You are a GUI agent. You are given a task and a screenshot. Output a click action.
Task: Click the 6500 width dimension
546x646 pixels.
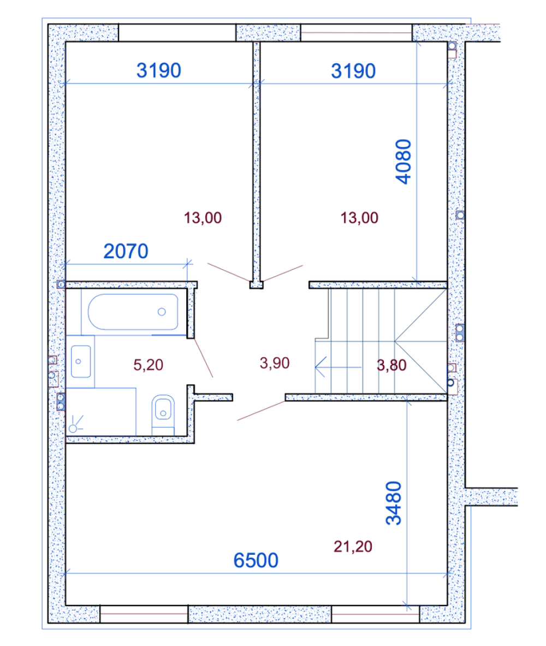click(x=256, y=560)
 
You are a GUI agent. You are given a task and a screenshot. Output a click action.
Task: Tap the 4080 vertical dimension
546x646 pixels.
click(x=403, y=162)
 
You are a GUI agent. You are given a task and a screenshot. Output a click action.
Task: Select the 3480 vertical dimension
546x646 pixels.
click(x=394, y=503)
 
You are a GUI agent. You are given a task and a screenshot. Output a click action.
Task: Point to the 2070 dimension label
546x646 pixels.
click(x=126, y=251)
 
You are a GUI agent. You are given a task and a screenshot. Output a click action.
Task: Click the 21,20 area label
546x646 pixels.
click(x=353, y=547)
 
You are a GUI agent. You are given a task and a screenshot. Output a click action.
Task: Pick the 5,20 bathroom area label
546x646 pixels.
click(x=149, y=365)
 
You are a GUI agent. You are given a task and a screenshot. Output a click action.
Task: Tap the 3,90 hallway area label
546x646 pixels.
click(x=275, y=363)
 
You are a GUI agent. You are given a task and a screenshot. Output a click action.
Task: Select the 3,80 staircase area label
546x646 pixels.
click(x=391, y=365)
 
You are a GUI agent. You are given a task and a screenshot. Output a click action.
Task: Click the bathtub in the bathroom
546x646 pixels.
click(x=133, y=312)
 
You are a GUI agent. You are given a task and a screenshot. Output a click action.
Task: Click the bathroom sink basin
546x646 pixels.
click(x=81, y=361)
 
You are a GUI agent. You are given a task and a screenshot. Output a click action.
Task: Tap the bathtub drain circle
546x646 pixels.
click(x=162, y=312)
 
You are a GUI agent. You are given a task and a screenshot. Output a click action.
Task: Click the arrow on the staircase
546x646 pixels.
click(x=339, y=366)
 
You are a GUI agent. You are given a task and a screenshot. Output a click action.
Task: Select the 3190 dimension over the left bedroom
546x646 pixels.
click(x=159, y=70)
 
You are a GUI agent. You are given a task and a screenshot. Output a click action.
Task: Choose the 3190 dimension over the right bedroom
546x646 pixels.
click(x=353, y=71)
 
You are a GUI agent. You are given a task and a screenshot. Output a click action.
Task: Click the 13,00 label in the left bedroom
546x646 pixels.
click(x=203, y=218)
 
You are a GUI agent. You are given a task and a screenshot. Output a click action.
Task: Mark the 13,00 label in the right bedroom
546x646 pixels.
click(x=359, y=218)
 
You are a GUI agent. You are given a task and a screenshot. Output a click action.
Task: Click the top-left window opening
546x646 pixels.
click(x=177, y=33)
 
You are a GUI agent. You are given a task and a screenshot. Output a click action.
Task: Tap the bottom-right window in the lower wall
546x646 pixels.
click(x=376, y=614)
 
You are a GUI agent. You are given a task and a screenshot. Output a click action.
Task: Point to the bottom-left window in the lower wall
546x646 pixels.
click(x=144, y=614)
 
